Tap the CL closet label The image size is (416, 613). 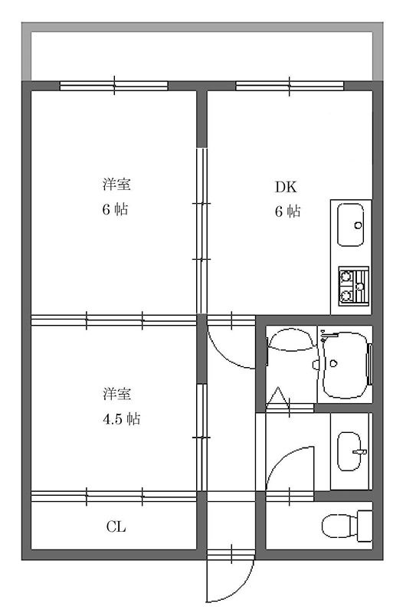(116, 527)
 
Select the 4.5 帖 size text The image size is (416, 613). (121, 419)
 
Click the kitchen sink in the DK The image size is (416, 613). (351, 225)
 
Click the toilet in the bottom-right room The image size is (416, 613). (342, 527)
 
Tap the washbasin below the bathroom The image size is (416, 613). (351, 451)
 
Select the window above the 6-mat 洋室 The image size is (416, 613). (114, 85)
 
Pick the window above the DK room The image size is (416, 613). (290, 85)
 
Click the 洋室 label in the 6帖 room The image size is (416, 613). (116, 185)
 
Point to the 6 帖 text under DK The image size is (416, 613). (287, 212)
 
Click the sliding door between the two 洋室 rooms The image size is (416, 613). (114, 320)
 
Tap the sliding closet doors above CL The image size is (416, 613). (114, 496)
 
